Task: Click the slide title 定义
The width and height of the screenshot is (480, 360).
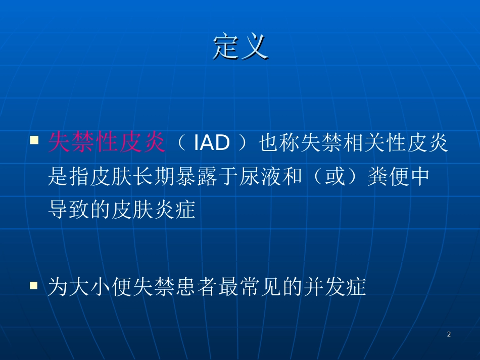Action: [241, 46]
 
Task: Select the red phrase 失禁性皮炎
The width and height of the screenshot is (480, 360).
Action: [107, 142]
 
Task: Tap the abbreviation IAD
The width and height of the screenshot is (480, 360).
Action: [212, 142]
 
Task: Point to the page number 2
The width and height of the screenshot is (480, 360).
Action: [449, 334]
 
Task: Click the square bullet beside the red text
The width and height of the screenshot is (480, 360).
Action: [34, 140]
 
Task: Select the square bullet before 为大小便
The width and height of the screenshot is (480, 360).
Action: [34, 286]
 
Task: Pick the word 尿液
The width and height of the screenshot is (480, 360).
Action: [261, 176]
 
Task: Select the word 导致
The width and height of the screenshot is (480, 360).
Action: [69, 210]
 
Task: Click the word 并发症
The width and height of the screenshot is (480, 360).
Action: [335, 287]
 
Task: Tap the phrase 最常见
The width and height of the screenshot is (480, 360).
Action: [250, 287]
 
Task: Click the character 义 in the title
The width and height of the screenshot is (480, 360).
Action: [255, 46]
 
